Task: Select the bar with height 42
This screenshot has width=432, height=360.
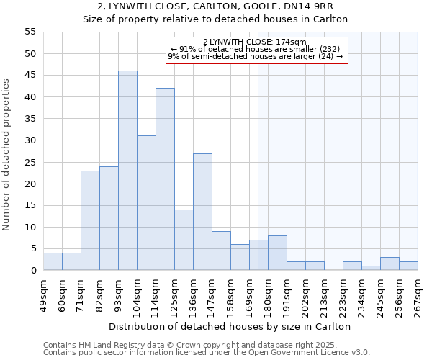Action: point(165,179)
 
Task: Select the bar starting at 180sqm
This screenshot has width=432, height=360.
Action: point(277,253)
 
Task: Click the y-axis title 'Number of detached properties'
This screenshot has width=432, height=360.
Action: point(7,154)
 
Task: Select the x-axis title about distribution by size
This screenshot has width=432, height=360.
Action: point(230,326)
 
